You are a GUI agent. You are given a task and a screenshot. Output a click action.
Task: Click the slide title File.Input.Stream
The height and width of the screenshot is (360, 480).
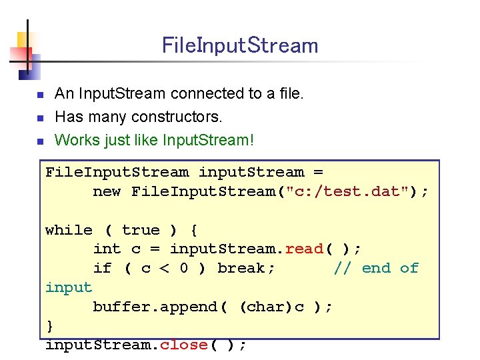[x=240, y=46]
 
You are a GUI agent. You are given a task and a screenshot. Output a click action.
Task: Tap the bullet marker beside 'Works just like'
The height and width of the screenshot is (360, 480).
[x=39, y=141]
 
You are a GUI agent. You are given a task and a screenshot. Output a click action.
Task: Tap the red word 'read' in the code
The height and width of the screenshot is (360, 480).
[x=303, y=249]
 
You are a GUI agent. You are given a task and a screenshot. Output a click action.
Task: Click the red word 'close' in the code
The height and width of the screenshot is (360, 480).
[x=183, y=345]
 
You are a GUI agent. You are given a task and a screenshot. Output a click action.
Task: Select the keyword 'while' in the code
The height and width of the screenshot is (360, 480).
[x=69, y=230]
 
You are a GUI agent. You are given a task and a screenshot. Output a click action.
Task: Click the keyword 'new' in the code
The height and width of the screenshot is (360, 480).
[x=107, y=192]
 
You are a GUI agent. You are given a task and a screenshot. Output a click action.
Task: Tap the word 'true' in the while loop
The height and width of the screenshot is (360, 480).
[x=141, y=230]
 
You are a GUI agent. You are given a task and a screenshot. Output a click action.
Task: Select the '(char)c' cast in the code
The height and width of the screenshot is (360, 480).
[x=271, y=307]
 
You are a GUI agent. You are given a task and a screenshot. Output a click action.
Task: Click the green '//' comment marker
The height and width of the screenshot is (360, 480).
[x=342, y=268]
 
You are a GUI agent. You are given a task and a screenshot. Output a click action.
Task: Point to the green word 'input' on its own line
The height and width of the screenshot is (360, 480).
[x=69, y=287]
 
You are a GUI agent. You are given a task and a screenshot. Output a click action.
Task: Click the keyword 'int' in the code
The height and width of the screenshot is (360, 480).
[x=107, y=249]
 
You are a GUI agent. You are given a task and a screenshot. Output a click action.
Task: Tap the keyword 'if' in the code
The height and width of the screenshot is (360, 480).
[x=102, y=268]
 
